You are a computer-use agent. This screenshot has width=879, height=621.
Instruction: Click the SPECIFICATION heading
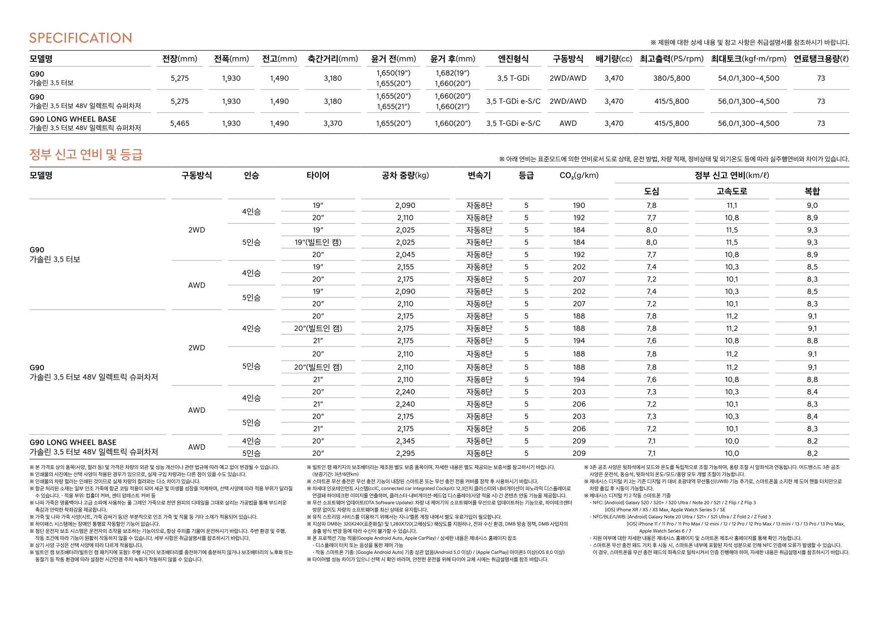81,38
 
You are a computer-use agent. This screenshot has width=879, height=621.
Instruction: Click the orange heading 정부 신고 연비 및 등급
86,154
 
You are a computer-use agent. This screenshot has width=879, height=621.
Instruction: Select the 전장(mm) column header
179,59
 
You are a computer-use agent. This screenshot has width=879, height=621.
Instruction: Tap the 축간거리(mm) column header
333,59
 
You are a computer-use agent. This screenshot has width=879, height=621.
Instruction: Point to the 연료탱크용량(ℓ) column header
821,59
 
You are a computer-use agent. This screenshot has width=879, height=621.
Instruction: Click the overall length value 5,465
179,123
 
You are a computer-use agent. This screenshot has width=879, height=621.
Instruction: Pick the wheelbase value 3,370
333,123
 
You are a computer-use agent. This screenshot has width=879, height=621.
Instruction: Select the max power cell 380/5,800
672,78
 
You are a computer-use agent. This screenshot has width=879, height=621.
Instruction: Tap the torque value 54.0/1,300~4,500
748,78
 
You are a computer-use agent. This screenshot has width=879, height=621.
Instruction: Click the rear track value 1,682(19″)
453,73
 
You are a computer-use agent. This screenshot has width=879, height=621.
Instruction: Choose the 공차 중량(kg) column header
405,175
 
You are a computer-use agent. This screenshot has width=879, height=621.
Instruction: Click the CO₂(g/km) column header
579,175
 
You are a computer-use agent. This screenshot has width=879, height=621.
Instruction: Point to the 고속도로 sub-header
732,191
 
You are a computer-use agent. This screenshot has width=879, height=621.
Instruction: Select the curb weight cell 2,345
405,441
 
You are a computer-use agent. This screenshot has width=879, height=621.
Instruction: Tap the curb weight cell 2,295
405,453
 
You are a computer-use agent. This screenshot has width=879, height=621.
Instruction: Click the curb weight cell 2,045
405,254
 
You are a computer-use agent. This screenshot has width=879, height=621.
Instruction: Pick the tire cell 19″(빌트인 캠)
318,242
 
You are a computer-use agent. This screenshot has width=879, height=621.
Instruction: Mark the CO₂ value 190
579,205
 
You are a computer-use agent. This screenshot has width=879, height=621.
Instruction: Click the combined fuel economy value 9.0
812,205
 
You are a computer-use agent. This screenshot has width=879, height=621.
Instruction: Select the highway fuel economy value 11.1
732,205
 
